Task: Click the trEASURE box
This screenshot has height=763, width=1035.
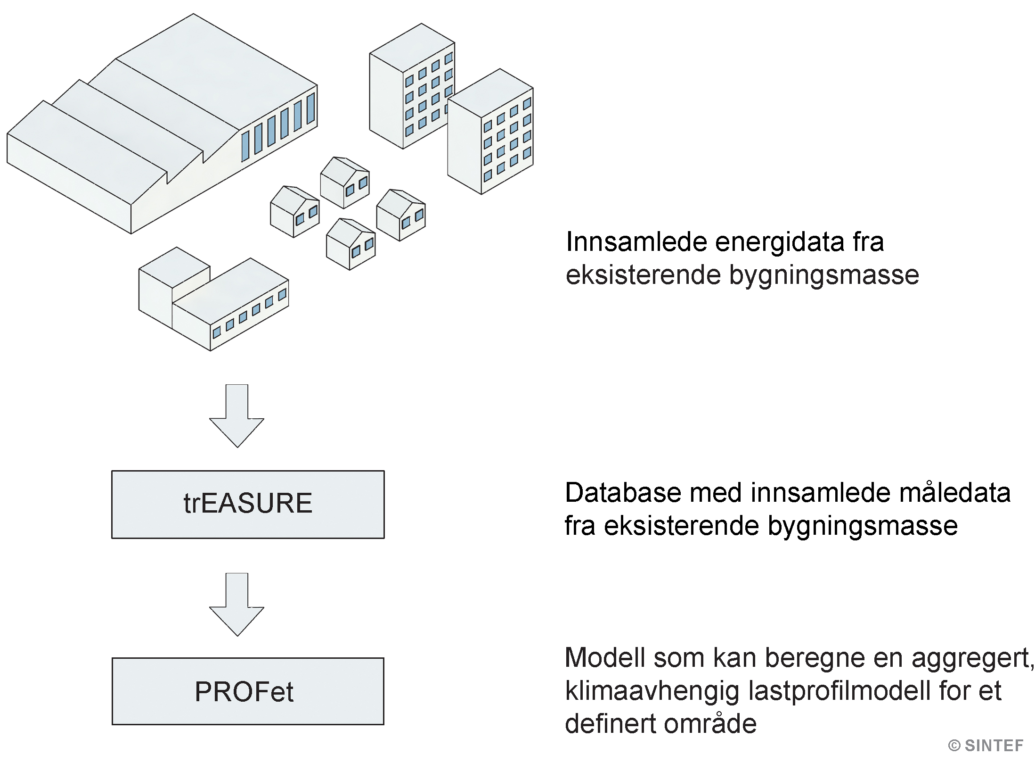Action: pos(248,504)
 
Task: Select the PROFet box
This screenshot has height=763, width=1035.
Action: pos(248,691)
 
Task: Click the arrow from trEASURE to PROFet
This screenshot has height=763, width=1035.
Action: pos(236,604)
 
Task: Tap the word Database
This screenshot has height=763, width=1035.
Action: pos(624,493)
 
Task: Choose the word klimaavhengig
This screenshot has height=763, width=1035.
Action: pos(652,691)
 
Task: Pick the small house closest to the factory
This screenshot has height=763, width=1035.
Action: pos(294,212)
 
